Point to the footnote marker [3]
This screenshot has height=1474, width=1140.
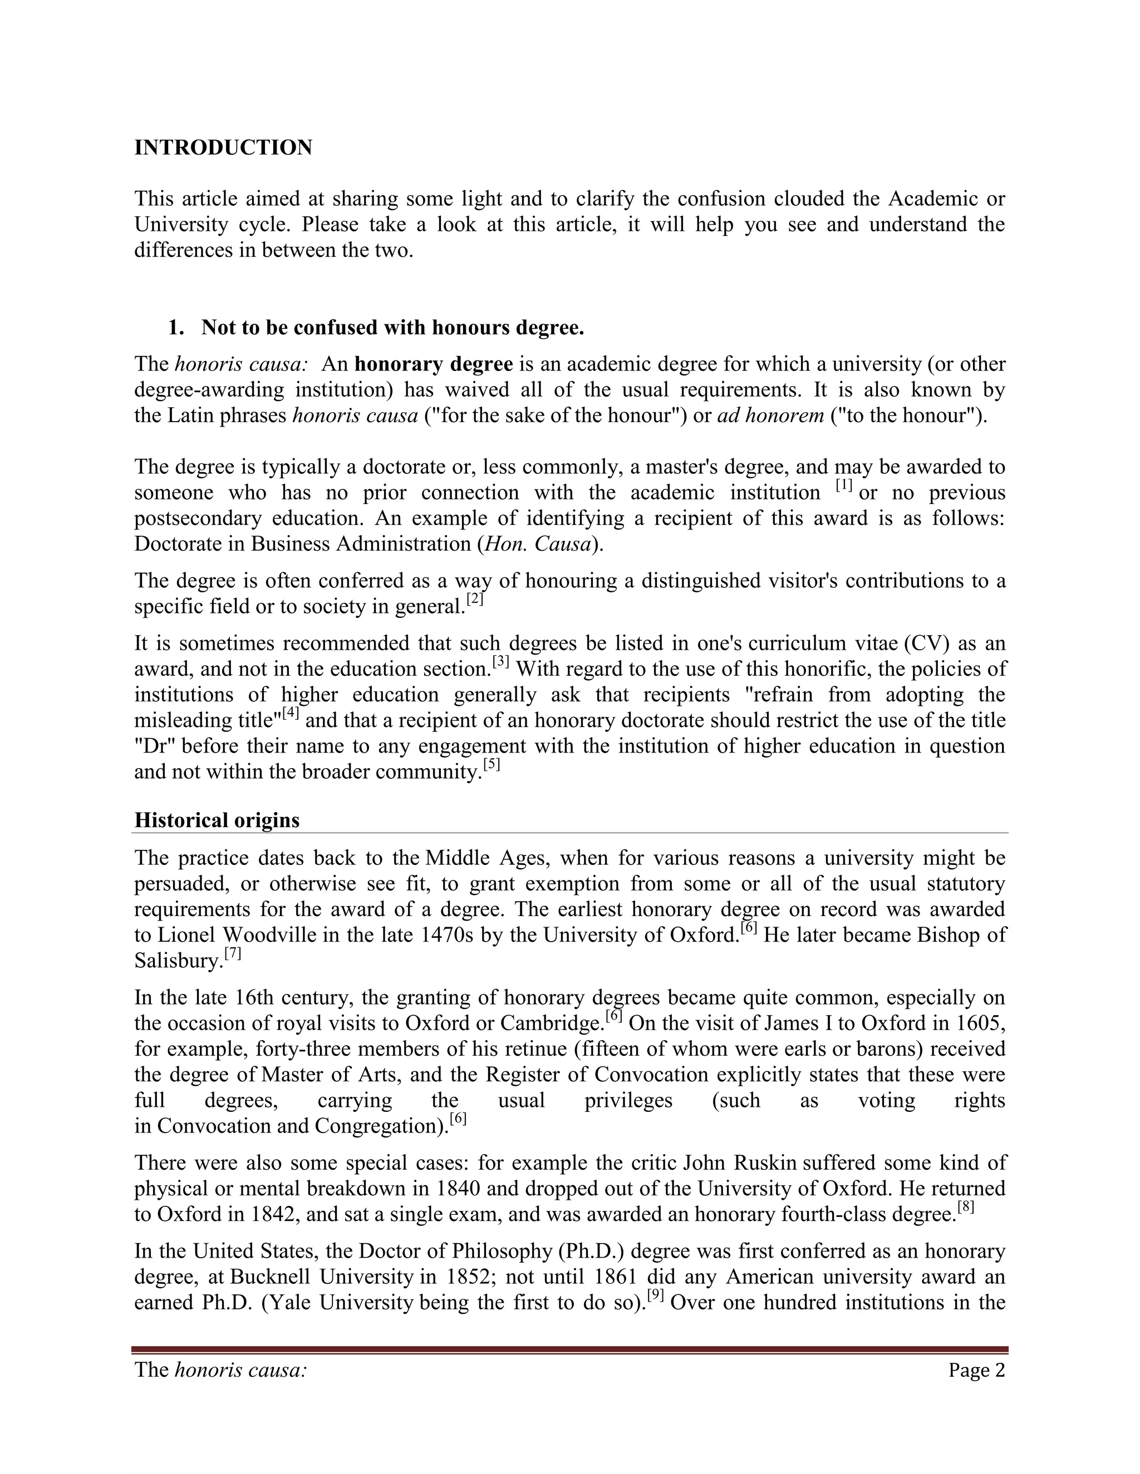pyautogui.click(x=500, y=661)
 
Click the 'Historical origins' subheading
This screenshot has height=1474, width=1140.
pyautogui.click(x=217, y=820)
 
